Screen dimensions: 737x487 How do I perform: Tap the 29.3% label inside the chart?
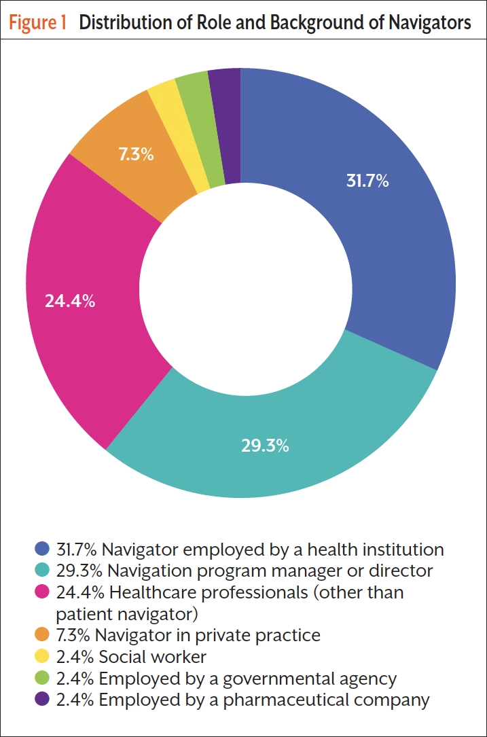click(x=265, y=446)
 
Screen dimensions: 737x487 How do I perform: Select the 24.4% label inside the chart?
click(x=69, y=301)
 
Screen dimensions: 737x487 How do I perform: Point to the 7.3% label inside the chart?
click(x=136, y=155)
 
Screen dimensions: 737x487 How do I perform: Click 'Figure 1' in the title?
click(x=38, y=22)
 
